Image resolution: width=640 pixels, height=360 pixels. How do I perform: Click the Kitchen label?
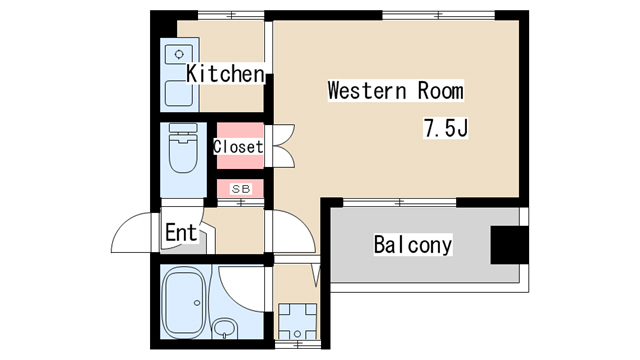tap(225, 74)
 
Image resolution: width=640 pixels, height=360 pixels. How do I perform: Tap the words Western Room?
tap(396, 91)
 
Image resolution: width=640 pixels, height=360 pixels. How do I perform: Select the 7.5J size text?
tap(445, 128)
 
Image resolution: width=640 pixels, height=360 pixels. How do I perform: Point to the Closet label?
tap(238, 147)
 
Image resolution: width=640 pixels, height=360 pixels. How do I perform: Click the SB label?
tap(241, 189)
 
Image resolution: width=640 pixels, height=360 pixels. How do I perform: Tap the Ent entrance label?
tap(181, 233)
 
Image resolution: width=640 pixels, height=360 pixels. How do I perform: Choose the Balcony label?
tap(413, 244)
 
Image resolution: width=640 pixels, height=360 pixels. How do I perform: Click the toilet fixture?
tap(183, 148)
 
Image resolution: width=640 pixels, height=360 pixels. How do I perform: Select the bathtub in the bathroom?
tap(184, 302)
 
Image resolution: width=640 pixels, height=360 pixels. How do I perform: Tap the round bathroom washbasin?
tap(224, 327)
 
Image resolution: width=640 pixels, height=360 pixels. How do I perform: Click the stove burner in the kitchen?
tap(179, 55)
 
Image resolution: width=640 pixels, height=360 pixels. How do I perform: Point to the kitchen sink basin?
tap(178, 93)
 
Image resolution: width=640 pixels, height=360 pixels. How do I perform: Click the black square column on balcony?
tap(509, 245)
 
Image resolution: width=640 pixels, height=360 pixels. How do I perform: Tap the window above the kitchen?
tap(231, 16)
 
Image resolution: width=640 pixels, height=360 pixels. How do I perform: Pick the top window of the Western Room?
tap(438, 16)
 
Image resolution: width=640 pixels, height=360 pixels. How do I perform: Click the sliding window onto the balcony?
tap(400, 202)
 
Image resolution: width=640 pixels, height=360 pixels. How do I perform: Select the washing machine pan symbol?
tap(297, 321)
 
